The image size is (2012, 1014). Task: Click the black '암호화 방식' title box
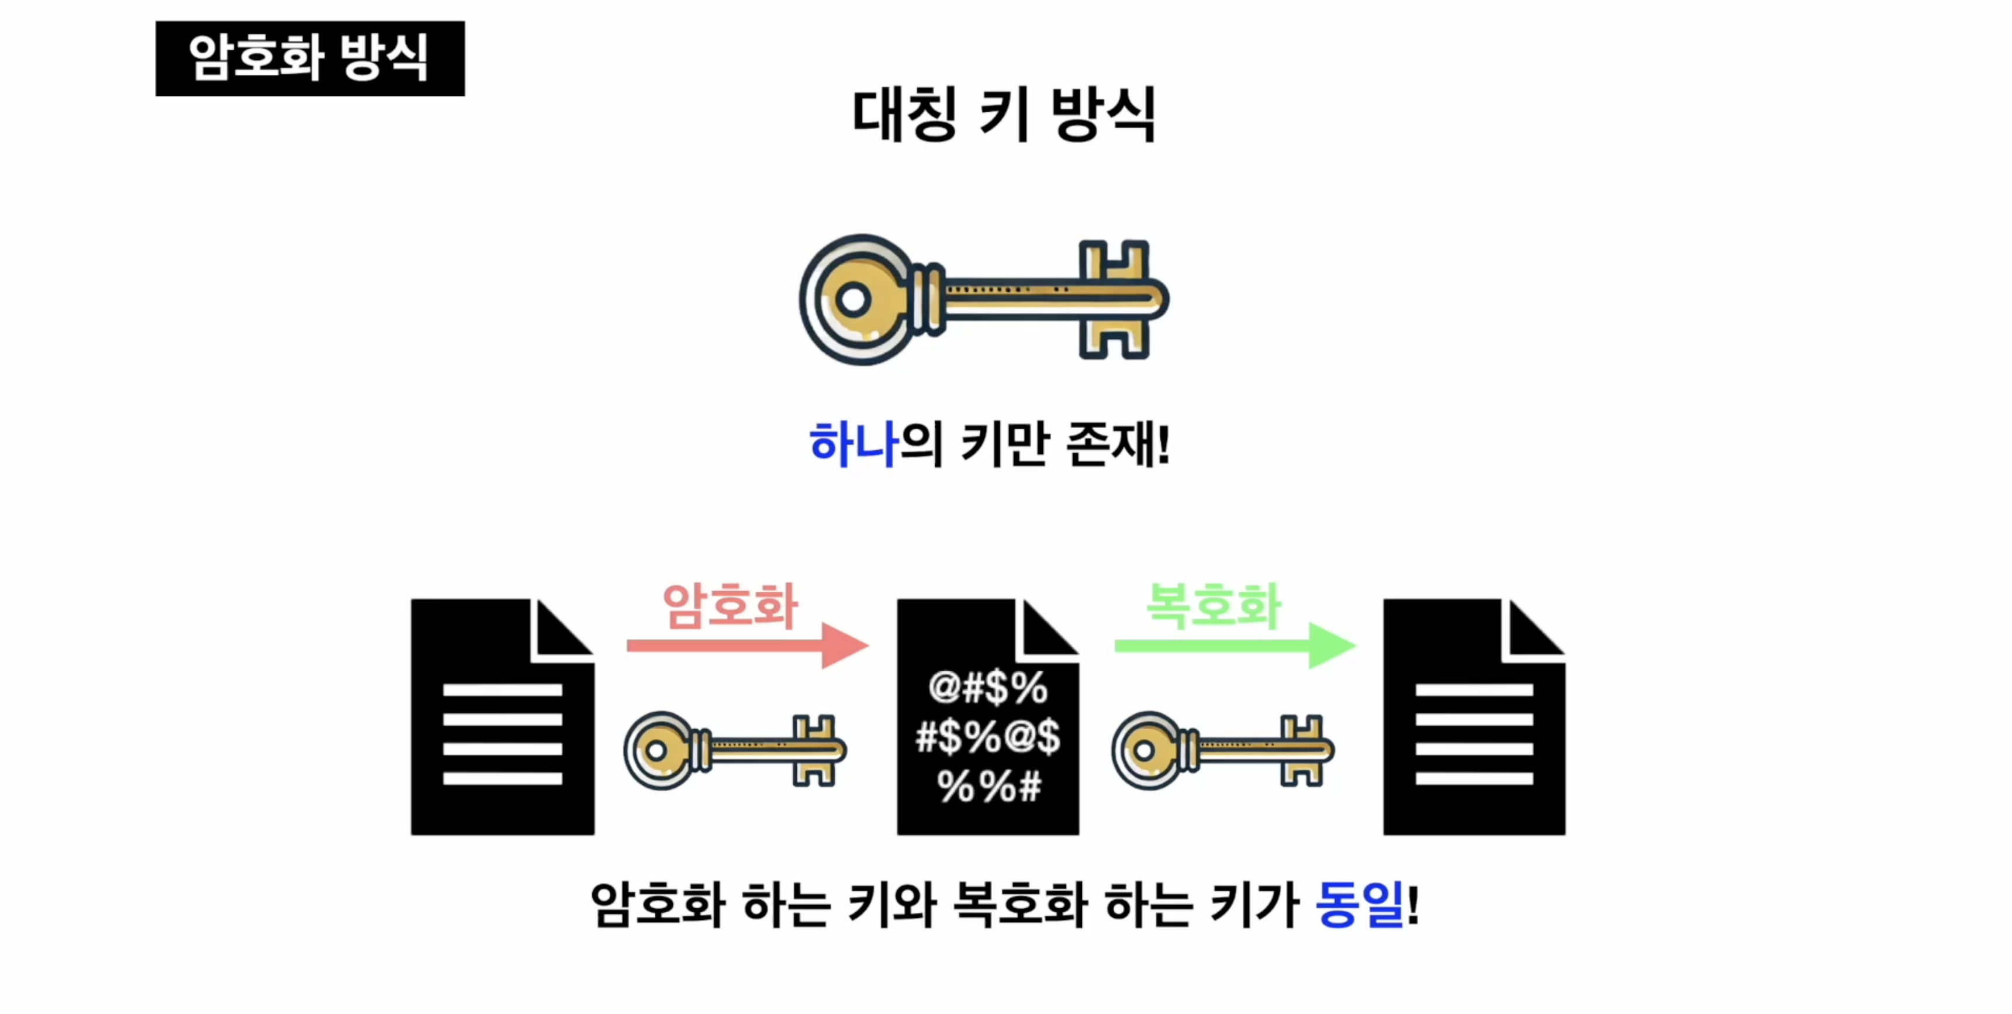click(310, 58)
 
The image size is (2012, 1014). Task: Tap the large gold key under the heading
click(984, 299)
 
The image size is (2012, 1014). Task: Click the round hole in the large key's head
click(853, 299)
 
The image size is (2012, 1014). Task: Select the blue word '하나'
click(853, 444)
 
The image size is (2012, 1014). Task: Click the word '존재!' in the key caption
click(1118, 444)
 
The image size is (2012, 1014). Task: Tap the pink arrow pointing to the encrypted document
click(748, 645)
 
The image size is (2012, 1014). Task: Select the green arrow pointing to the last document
click(1235, 645)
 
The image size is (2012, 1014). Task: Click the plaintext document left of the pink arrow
click(502, 717)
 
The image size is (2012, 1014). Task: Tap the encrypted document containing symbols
click(988, 717)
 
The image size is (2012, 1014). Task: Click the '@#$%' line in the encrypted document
click(988, 688)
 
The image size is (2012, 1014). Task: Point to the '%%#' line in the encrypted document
click(989, 786)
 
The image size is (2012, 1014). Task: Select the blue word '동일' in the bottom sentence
click(1360, 905)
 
